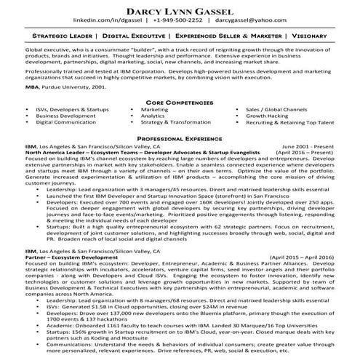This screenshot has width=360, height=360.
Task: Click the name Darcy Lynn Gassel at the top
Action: point(180,10)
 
